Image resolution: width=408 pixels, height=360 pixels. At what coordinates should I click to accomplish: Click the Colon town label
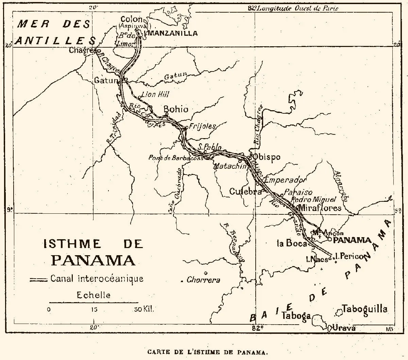click(131, 20)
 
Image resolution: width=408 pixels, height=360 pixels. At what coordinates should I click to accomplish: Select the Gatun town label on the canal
click(106, 81)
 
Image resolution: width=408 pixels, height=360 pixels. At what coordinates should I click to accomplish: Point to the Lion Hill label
click(155, 94)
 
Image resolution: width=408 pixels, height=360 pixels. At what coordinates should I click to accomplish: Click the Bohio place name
click(176, 109)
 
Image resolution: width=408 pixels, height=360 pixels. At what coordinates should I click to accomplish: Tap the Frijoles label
click(203, 126)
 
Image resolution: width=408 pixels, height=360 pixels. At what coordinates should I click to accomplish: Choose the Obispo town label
click(267, 157)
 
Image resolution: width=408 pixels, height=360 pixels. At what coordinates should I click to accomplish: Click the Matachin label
click(230, 166)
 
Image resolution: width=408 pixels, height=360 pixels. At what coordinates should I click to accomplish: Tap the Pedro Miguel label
click(313, 200)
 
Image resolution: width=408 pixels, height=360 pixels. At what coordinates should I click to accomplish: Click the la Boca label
click(292, 243)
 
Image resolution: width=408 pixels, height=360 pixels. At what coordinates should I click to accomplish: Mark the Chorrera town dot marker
click(206, 273)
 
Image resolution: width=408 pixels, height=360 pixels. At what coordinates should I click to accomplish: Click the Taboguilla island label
click(364, 309)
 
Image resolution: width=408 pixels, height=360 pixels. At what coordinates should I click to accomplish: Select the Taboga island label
click(296, 315)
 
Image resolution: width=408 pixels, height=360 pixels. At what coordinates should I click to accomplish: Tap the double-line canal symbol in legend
click(38, 279)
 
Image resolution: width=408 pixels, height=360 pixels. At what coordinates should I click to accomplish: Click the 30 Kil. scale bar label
click(144, 309)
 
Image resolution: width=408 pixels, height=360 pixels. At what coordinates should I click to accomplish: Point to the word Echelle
click(93, 295)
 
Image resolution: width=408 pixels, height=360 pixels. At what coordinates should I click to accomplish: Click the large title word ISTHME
click(72, 244)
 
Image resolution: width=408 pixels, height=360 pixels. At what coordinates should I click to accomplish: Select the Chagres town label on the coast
click(82, 50)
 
